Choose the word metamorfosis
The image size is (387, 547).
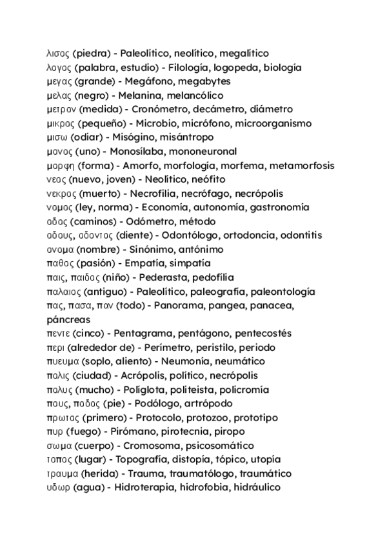[x=303, y=165]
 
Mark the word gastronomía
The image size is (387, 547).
[x=279, y=207]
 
